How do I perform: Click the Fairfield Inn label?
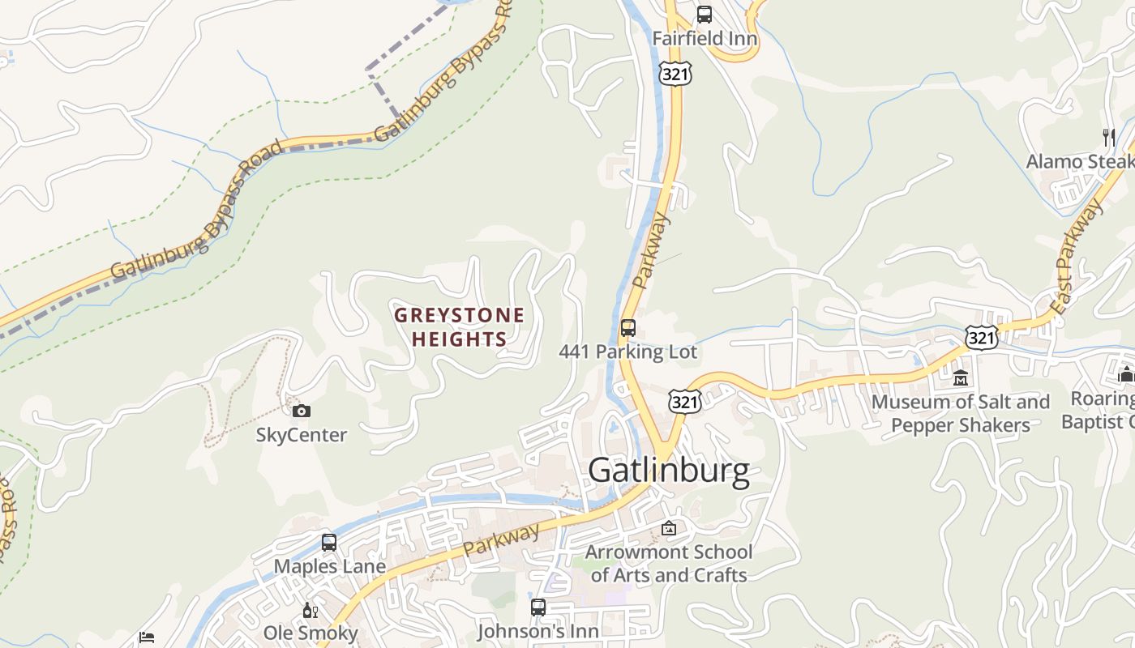pos(705,38)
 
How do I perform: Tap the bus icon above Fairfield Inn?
pos(705,15)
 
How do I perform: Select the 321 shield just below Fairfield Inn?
pos(675,75)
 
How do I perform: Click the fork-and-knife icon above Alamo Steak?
pos(1108,138)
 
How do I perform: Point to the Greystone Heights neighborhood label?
pos(459,327)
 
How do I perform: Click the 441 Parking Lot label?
pos(627,352)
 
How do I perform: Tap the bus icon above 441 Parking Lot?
pos(627,328)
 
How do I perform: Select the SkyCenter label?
pos(302,435)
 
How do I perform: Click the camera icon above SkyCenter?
pos(301,411)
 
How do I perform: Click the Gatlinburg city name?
pos(669,471)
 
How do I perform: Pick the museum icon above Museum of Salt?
pos(961,377)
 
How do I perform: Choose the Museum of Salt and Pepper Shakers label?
pos(961,413)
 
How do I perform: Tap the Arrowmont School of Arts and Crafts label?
pos(669,564)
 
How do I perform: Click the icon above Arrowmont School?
pos(669,529)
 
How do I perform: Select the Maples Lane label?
pos(329,566)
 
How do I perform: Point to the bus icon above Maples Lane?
pos(329,543)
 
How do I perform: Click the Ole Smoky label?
pos(311,633)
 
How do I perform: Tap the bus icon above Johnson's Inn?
pos(538,607)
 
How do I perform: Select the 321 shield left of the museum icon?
pos(981,338)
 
